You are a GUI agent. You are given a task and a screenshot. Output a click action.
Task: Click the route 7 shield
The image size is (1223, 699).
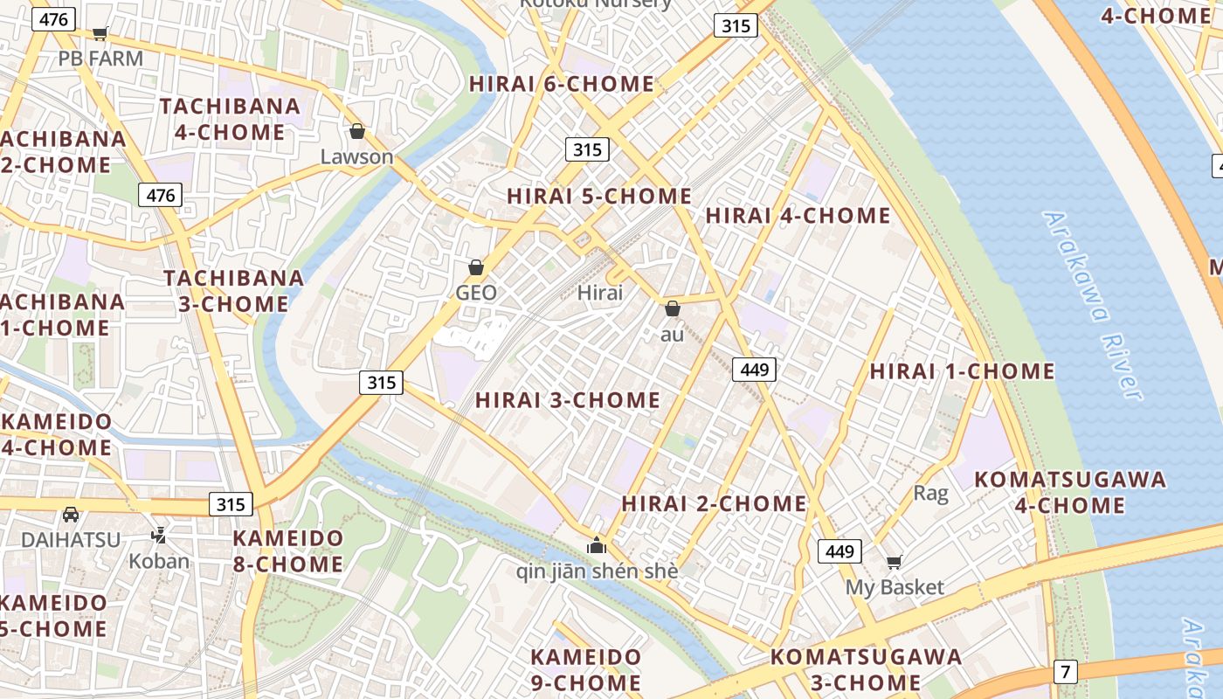coord(1065,672)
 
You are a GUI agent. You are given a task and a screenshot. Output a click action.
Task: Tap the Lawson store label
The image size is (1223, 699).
coord(356,157)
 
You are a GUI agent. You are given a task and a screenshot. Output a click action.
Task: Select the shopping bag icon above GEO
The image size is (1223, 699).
coord(476,267)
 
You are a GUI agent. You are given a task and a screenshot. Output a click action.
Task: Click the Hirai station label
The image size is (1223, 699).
coord(600,293)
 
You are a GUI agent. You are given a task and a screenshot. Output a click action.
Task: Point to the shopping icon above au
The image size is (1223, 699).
coord(673,308)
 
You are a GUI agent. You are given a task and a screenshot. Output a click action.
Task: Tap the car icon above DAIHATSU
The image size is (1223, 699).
coord(71,514)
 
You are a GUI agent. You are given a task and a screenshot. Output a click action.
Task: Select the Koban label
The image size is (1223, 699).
coord(159,561)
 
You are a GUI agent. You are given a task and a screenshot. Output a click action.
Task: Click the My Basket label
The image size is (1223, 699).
coord(895,587)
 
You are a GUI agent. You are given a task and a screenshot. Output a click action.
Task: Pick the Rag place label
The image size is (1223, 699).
coord(930,493)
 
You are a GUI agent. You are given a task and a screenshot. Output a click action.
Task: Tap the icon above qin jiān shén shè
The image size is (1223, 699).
coord(597,546)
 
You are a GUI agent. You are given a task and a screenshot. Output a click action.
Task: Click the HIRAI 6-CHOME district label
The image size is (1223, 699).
coord(562,84)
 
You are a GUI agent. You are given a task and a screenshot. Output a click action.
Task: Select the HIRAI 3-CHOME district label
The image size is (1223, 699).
coord(568,400)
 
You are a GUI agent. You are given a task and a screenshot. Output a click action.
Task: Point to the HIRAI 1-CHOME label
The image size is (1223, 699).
coord(962,371)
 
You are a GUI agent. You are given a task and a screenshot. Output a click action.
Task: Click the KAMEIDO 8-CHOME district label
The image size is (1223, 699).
coord(287,550)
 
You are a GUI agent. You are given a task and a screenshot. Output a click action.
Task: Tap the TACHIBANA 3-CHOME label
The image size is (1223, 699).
coord(234,291)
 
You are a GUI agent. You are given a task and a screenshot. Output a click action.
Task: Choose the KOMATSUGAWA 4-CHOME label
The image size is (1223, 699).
coord(1070,492)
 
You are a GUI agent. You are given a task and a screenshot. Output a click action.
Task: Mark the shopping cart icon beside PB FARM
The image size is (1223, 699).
coord(100,33)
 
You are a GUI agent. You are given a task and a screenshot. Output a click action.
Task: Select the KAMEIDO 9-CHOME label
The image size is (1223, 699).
coord(586,669)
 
